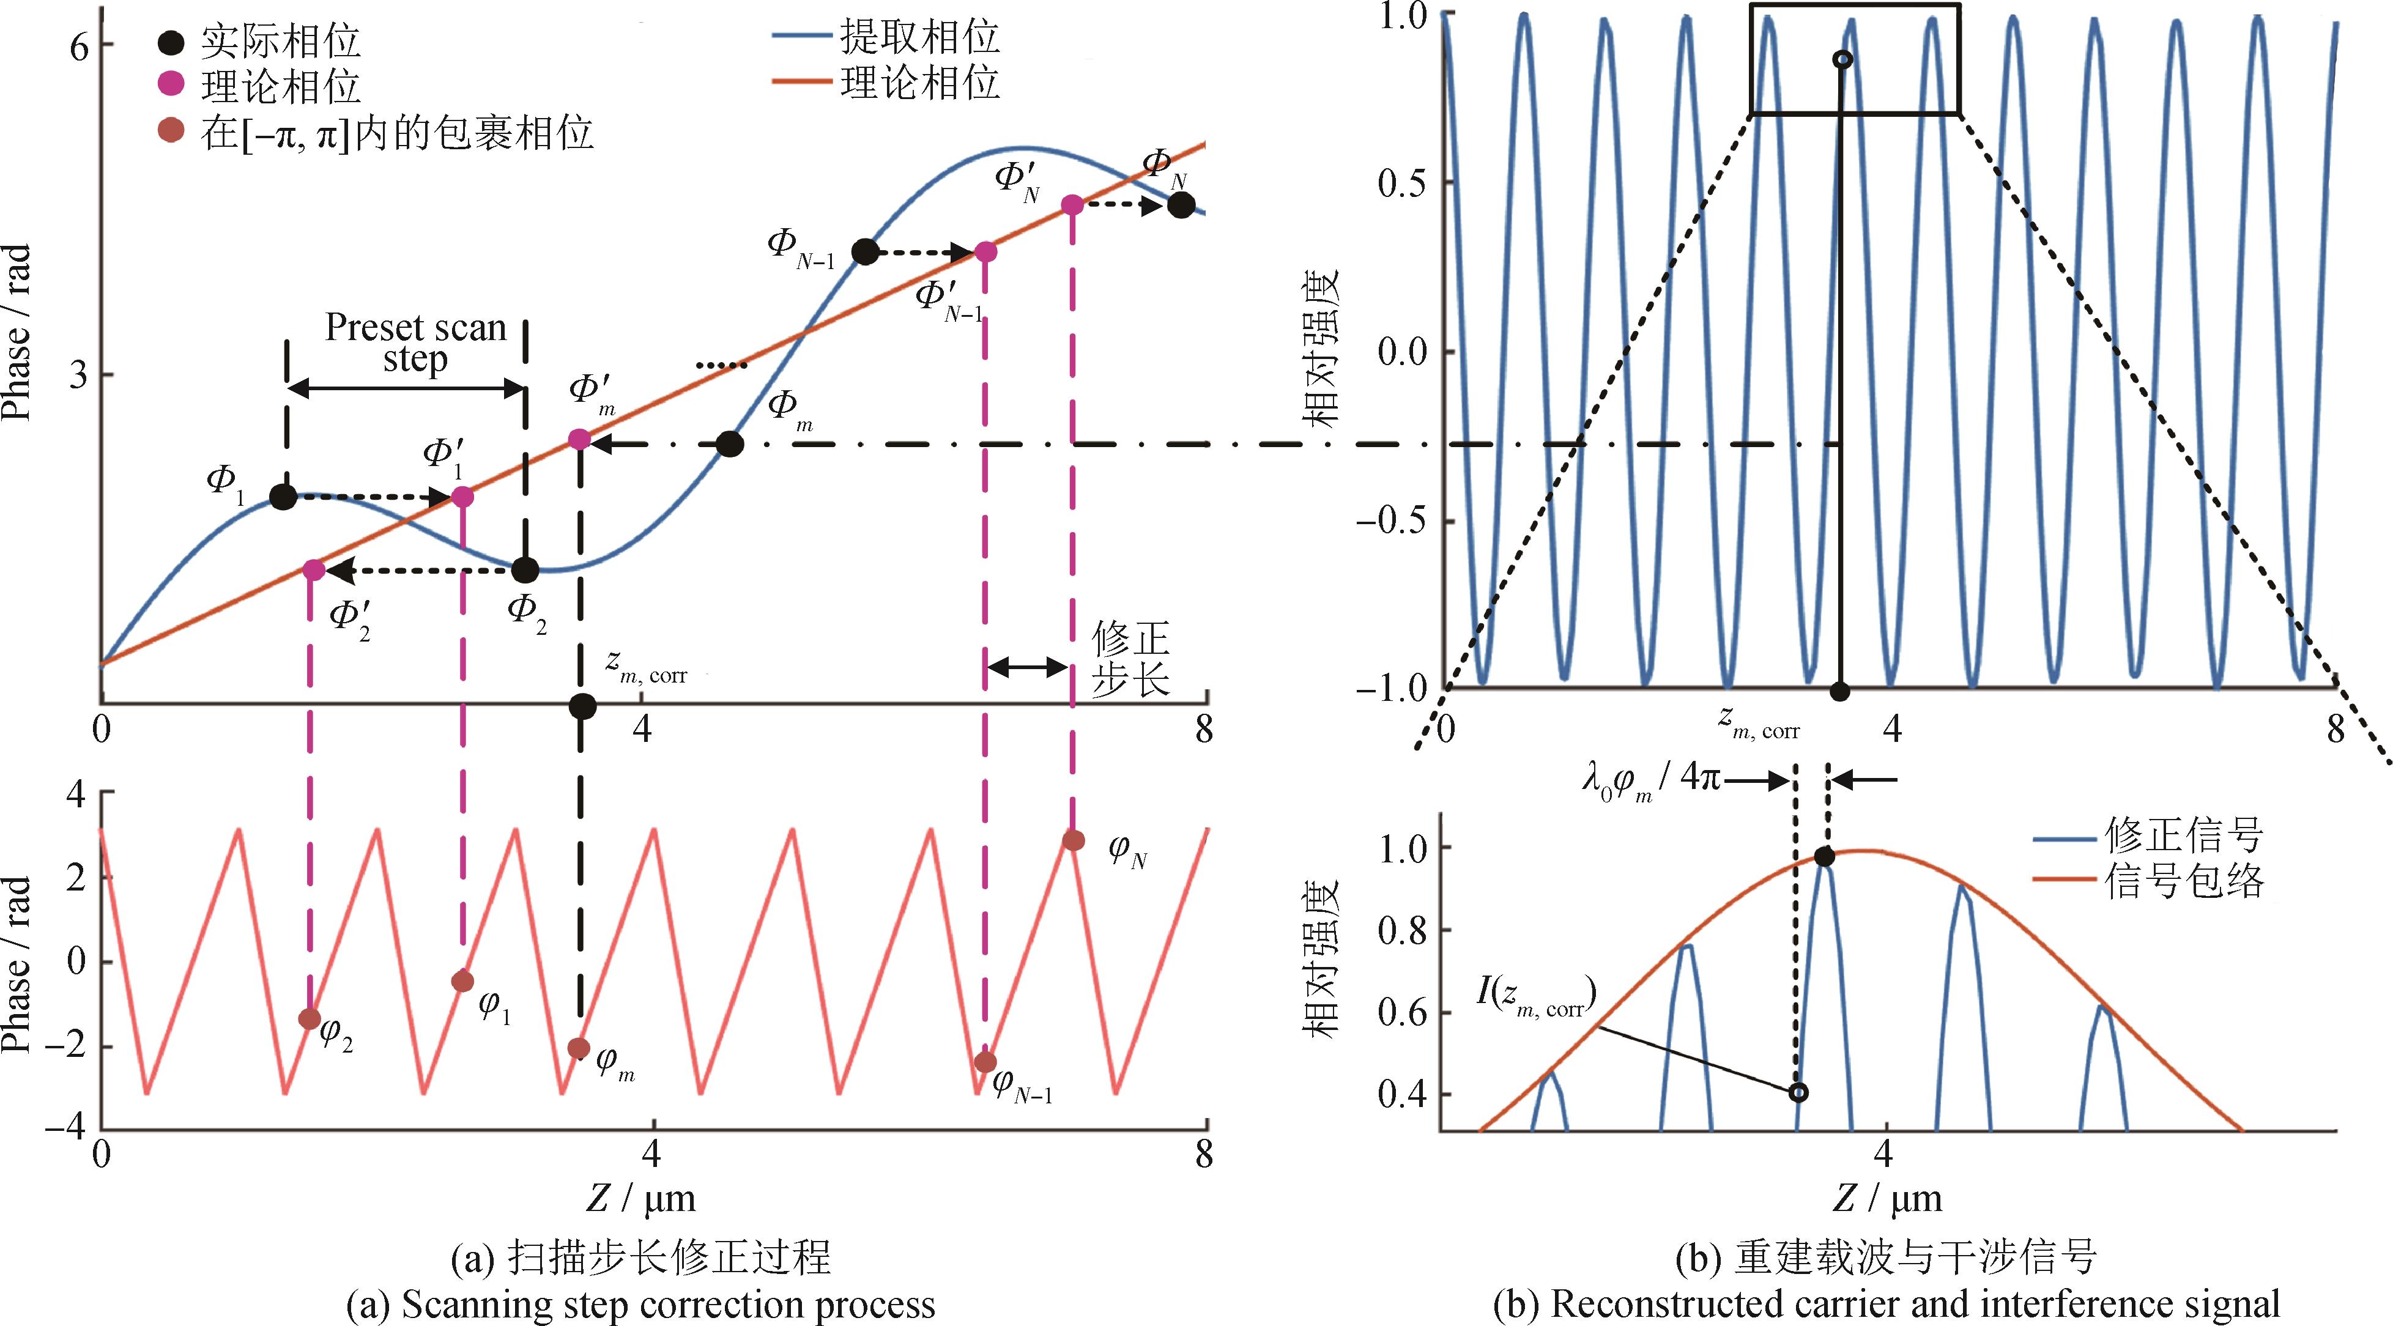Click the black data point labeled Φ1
[x=283, y=497]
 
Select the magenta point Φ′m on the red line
[x=579, y=439]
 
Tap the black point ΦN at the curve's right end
[x=1180, y=206]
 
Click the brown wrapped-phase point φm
[x=579, y=1048]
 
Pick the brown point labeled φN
[x=1073, y=840]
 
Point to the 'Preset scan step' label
[x=415, y=344]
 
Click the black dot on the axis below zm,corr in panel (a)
[x=582, y=706]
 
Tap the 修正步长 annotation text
[x=1130, y=659]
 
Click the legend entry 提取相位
[x=919, y=37]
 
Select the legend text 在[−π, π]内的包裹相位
[x=396, y=134]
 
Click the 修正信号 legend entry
[x=2183, y=837]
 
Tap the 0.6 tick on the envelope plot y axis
[x=1402, y=1012]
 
